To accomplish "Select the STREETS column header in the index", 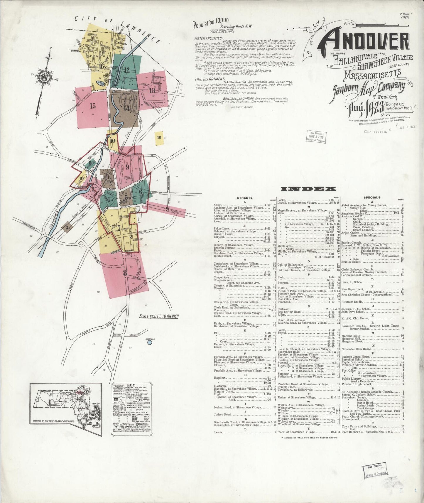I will (x=244, y=198).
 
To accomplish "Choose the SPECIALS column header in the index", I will (x=371, y=198).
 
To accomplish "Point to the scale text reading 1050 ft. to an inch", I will (x=159, y=316).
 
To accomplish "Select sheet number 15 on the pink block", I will (x=93, y=106).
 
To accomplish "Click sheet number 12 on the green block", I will (x=127, y=70).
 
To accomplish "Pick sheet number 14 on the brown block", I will (x=126, y=108).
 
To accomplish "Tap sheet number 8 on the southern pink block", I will (x=125, y=273).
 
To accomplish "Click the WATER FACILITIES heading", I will (x=208, y=38).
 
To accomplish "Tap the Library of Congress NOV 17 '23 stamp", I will (x=316, y=137).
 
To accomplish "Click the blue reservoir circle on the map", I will (x=150, y=342).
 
